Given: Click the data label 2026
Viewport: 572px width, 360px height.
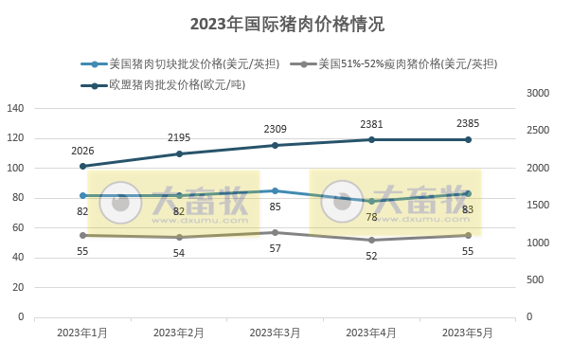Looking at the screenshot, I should click(x=83, y=150).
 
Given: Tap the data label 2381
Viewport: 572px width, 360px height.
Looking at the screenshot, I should click(x=371, y=124).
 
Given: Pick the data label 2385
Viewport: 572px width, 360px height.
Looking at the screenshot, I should click(x=467, y=124).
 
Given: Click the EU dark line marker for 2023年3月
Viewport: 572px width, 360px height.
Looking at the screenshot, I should click(x=275, y=145).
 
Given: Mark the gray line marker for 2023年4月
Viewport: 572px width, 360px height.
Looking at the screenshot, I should click(x=371, y=240).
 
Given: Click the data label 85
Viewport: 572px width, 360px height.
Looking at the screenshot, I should click(x=275, y=206).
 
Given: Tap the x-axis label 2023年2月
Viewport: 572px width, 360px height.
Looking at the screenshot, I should click(x=179, y=333).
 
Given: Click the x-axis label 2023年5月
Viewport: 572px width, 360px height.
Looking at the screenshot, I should click(x=467, y=333).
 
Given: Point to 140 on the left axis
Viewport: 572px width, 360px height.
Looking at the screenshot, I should click(x=16, y=108).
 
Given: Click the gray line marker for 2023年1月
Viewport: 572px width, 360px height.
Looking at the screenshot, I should click(x=83, y=235).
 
